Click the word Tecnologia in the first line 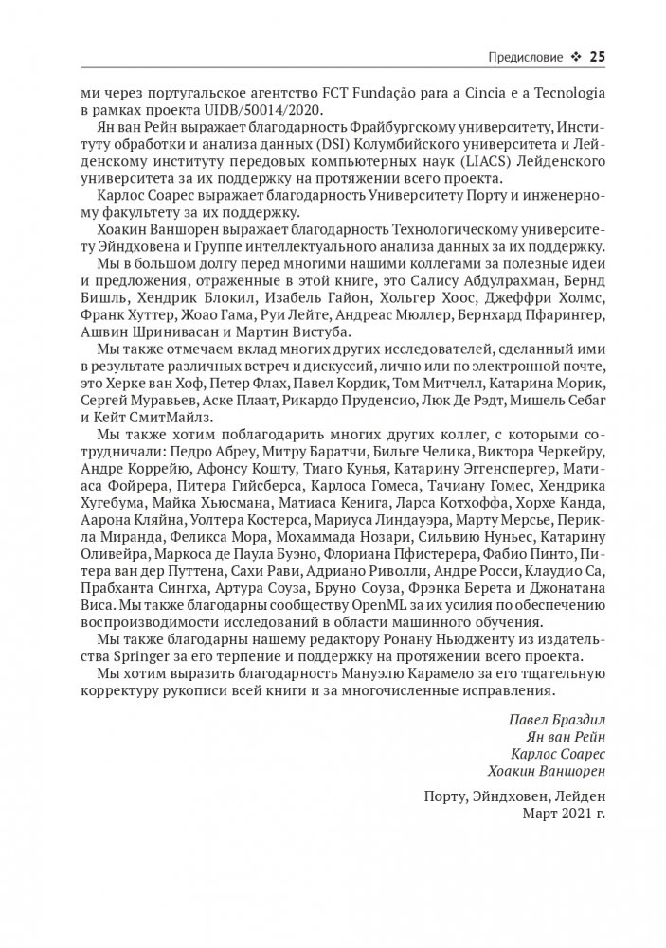(x=563, y=93)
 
